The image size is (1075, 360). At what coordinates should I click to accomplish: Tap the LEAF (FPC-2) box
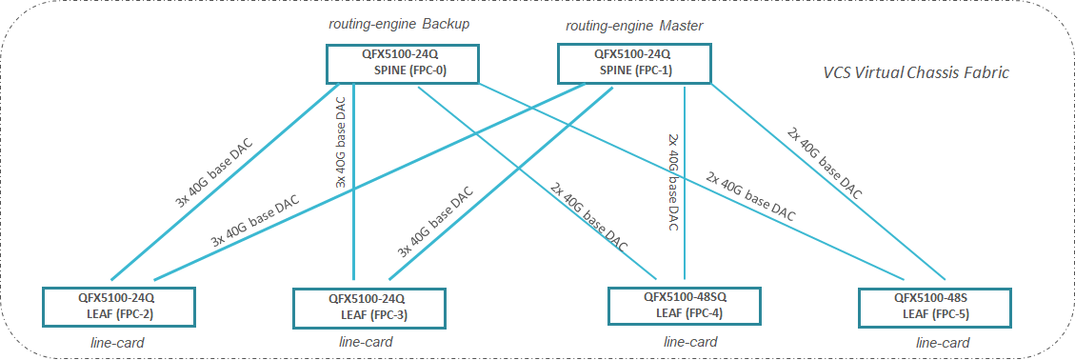pos(119,304)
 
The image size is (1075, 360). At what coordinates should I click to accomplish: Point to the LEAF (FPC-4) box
pos(685,304)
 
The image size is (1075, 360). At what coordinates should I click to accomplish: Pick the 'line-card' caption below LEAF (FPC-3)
pos(366,342)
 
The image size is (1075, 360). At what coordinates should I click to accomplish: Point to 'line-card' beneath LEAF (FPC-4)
pos(690,341)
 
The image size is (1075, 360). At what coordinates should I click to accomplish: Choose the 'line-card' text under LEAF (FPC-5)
pos(943,342)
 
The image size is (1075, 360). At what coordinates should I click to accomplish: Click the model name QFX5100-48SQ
pos(686,296)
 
